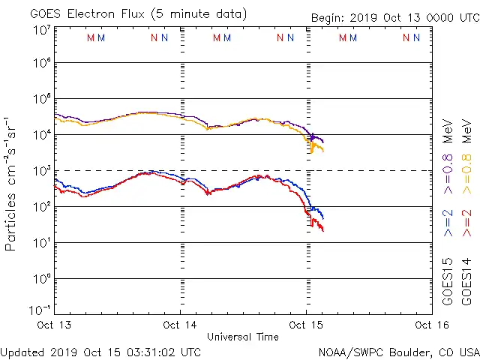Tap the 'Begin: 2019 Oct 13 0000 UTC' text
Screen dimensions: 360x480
(x=394, y=18)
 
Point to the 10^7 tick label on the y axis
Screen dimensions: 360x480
(x=41, y=30)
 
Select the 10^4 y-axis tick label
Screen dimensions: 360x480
(x=41, y=134)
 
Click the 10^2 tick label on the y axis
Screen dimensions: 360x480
(x=41, y=206)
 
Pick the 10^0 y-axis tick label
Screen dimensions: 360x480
(x=41, y=278)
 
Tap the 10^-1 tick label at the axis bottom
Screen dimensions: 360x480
(x=40, y=309)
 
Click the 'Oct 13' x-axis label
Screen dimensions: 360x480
(x=55, y=325)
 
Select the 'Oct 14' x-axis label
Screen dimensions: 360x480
(x=181, y=325)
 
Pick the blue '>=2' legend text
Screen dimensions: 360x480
(x=448, y=223)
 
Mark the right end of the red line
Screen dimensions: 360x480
(x=323, y=230)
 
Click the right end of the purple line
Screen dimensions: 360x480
(x=323, y=142)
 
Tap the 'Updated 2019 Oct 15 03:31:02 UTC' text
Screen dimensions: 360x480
(x=100, y=352)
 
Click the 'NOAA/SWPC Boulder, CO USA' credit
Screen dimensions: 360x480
(x=398, y=352)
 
